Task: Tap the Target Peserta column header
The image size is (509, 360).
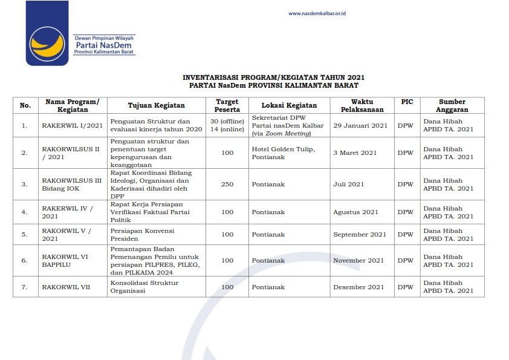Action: (227, 105)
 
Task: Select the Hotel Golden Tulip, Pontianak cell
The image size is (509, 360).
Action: (283, 153)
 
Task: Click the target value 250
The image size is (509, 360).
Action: (227, 185)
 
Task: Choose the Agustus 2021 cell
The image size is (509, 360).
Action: (355, 212)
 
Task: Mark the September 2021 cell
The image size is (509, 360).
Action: (360, 234)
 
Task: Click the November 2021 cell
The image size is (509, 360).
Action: (358, 261)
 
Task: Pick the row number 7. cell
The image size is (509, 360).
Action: (25, 287)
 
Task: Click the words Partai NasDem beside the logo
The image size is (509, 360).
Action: (103, 45)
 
